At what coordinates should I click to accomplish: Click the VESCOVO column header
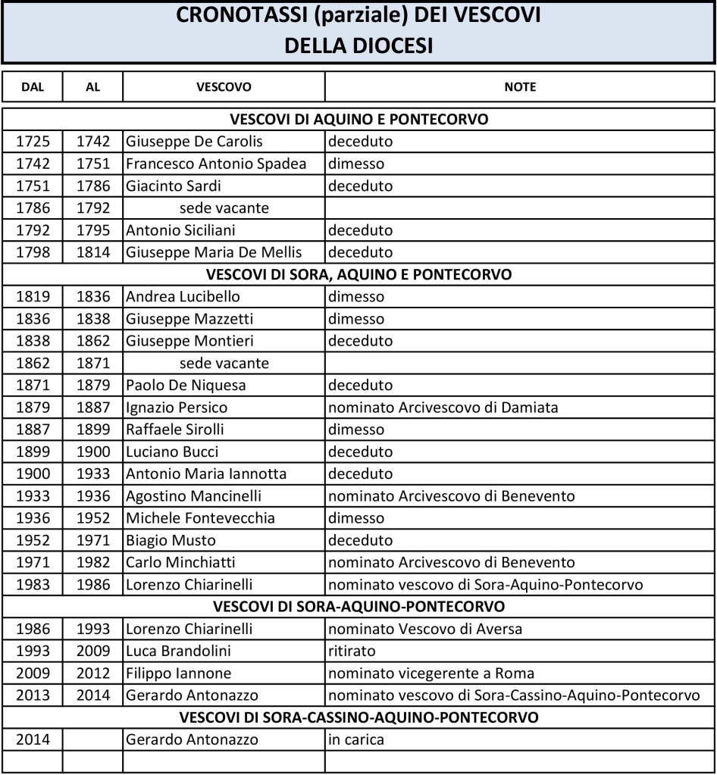point(224,87)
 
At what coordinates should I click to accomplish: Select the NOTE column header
point(520,87)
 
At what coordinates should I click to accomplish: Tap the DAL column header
point(33,87)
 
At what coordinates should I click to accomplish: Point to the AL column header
point(92,87)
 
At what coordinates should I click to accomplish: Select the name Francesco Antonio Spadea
point(216,164)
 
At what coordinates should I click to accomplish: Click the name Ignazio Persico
point(177,408)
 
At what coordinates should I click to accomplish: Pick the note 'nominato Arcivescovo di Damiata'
point(443,408)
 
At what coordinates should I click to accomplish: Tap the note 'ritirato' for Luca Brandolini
point(352,652)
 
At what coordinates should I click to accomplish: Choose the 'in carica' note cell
point(356,740)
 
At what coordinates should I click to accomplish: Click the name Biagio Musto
point(171,541)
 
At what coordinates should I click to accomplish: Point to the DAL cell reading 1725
point(33,142)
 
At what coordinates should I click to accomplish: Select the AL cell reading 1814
point(92,252)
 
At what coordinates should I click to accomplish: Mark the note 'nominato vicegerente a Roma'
point(431,673)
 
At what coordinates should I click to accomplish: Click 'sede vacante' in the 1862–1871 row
point(224,364)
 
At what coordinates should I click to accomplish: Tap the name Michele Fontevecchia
point(200,519)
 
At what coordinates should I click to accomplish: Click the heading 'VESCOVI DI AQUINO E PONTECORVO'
point(358,120)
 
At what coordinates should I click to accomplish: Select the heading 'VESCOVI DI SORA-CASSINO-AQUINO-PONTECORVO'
point(358,717)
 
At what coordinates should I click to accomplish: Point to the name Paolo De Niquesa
point(186,386)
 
